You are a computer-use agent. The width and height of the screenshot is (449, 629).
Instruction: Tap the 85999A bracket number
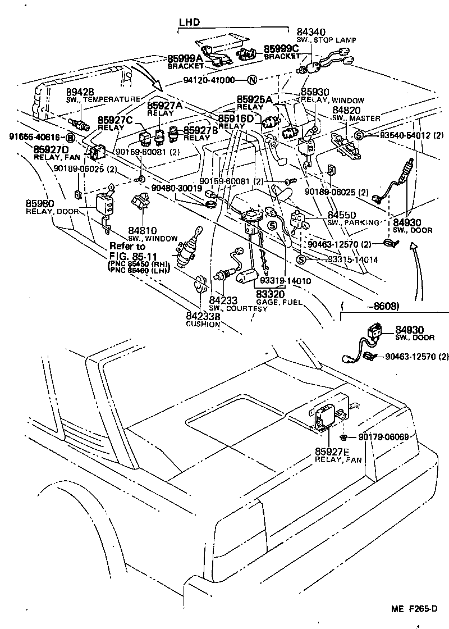coord(185,58)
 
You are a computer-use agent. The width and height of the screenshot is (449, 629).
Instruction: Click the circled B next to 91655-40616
coord(71,137)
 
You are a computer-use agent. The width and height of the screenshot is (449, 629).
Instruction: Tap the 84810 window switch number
coord(143,231)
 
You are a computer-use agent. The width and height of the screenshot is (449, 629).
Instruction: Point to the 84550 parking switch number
coord(342,215)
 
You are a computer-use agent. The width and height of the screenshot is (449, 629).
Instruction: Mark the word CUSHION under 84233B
coord(203,324)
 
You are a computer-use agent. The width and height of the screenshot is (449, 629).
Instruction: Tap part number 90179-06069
coord(383,437)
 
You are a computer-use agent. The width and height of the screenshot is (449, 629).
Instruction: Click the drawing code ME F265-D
coord(413,609)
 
